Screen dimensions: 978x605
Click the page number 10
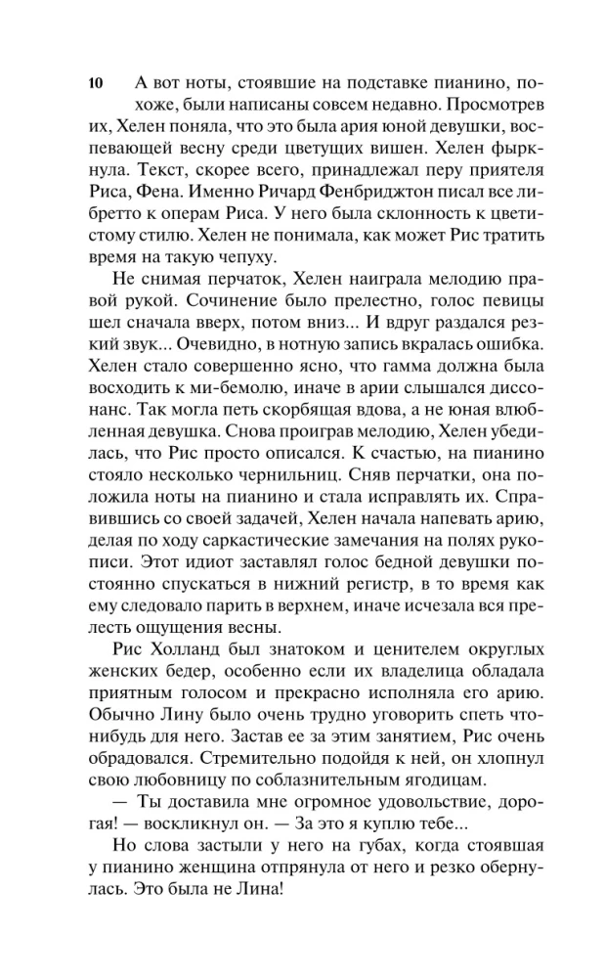pos(94,82)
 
